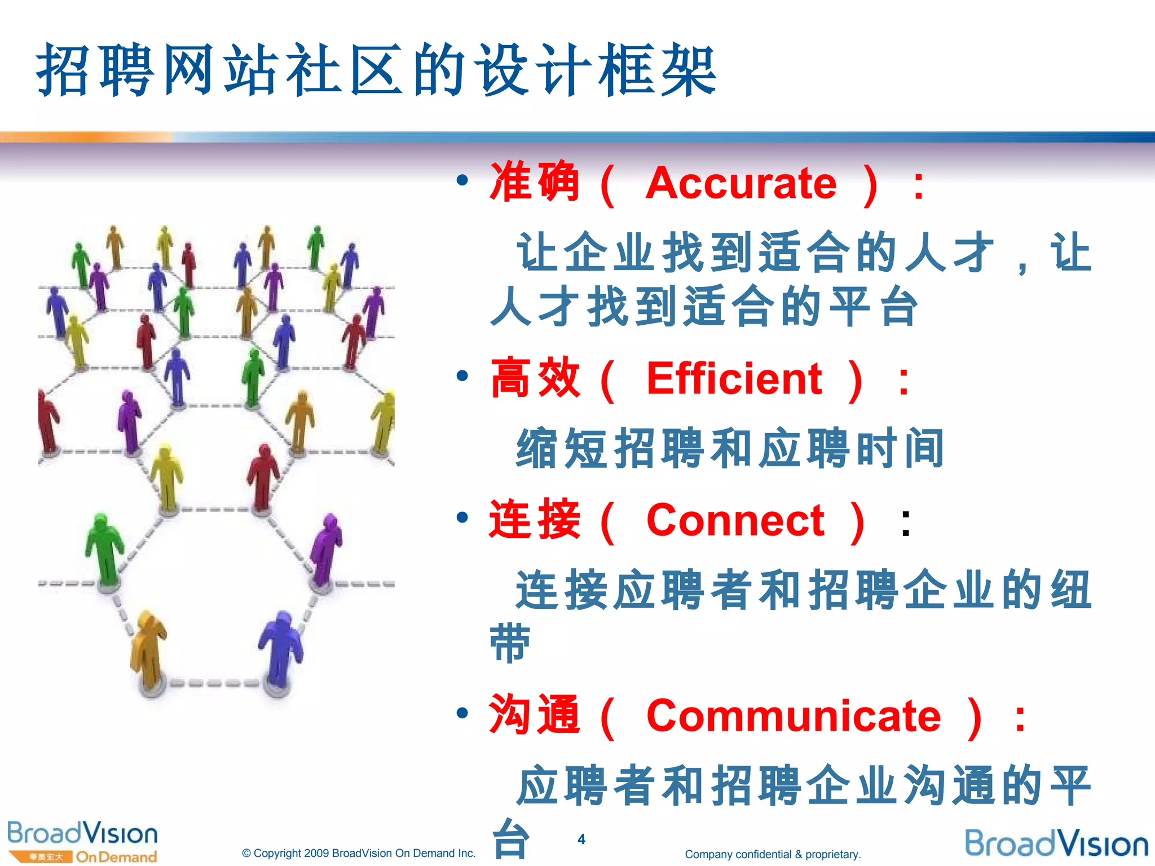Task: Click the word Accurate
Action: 740,184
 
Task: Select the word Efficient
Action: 734,379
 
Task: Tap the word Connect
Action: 735,520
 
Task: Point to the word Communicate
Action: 793,717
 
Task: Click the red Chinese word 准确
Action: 534,182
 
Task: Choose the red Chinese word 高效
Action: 535,378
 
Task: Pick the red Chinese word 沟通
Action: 534,715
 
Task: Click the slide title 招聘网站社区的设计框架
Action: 376,70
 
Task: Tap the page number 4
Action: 581,840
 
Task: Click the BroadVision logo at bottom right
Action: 1056,844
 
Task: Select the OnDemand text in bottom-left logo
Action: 116,857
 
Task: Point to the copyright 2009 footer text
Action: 359,853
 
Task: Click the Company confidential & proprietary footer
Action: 772,854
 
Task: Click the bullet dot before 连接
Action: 462,517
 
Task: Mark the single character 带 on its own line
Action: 510,643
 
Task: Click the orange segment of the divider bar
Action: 85,137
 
